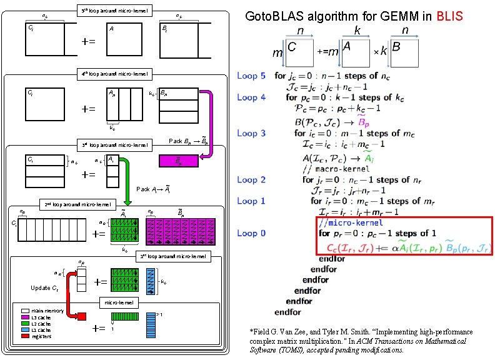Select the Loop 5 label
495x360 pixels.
coord(251,76)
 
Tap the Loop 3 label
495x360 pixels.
coord(251,132)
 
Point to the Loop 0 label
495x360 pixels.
coord(251,233)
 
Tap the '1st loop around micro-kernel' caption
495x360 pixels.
coord(173,256)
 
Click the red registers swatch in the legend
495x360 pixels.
coord(25,336)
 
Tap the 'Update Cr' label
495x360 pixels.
coord(45,288)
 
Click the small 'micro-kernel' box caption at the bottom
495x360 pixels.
coord(119,302)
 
